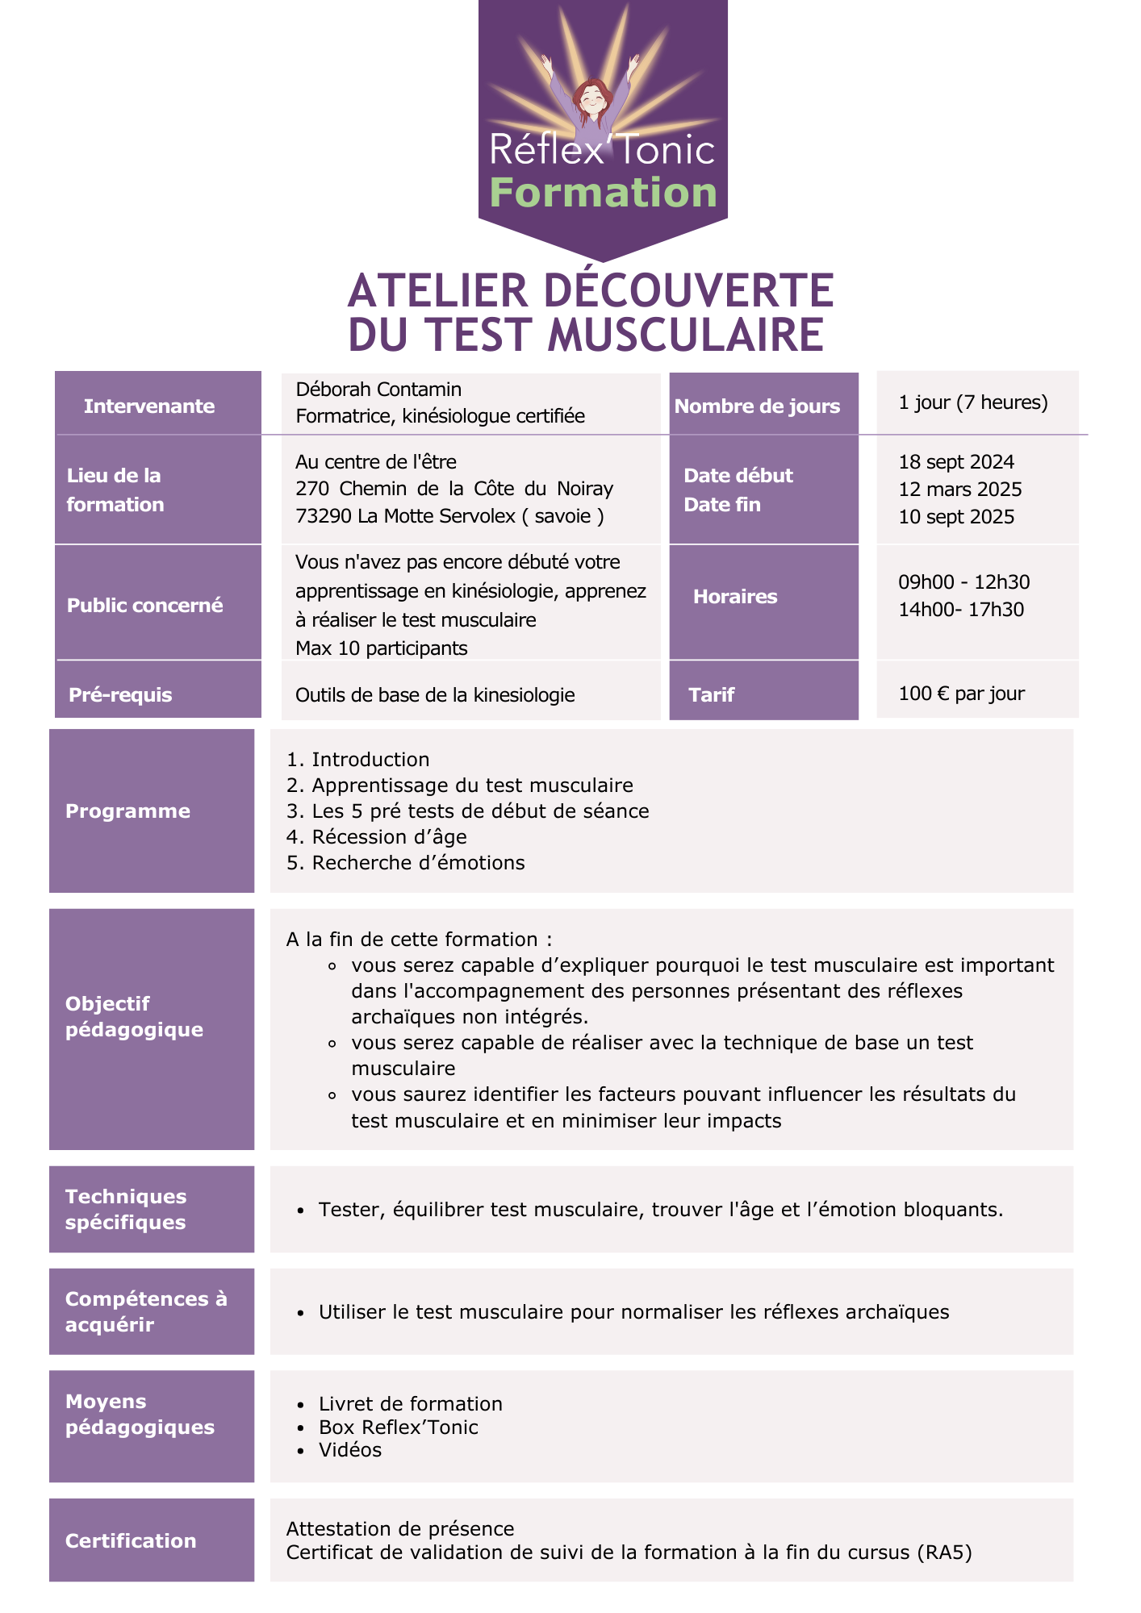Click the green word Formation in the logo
603,193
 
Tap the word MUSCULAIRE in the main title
686,336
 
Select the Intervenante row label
149,406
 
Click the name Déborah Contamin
378,390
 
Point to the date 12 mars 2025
959,490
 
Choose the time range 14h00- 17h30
960,610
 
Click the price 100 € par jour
961,694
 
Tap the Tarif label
711,694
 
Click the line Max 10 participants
381,648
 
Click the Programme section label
127,811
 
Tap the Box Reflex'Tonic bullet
398,1427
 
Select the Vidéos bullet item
349,1449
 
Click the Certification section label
131,1540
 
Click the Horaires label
734,597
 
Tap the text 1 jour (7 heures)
972,402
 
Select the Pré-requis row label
120,694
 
